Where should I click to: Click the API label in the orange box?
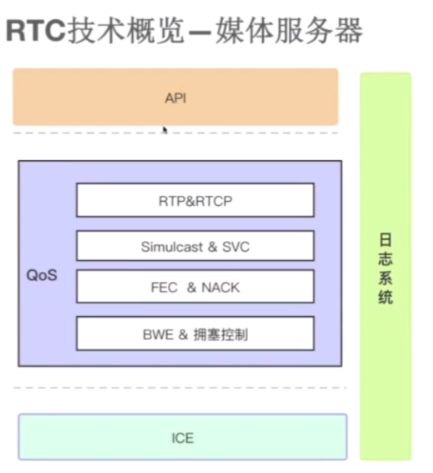click(x=176, y=98)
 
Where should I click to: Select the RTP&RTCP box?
click(x=196, y=200)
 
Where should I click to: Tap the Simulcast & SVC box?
click(x=196, y=246)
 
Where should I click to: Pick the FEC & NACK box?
click(x=196, y=286)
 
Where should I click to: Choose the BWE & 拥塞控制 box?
click(x=196, y=334)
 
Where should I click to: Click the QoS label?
click(x=42, y=275)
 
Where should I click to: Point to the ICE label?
click(x=183, y=438)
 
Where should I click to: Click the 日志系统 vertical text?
click(x=386, y=268)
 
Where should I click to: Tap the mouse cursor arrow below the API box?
click(x=165, y=130)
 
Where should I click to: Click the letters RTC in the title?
click(x=36, y=30)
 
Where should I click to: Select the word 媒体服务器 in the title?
click(x=289, y=30)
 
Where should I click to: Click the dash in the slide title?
click(x=199, y=32)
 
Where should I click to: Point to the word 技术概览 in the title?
click(x=125, y=30)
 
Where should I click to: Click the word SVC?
click(x=236, y=246)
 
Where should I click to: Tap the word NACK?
click(x=221, y=287)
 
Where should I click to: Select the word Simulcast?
click(x=172, y=246)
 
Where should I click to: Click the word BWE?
click(x=158, y=334)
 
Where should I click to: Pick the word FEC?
click(x=164, y=287)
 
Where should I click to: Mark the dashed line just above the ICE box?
click(x=180, y=387)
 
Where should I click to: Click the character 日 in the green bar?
click(x=386, y=240)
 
